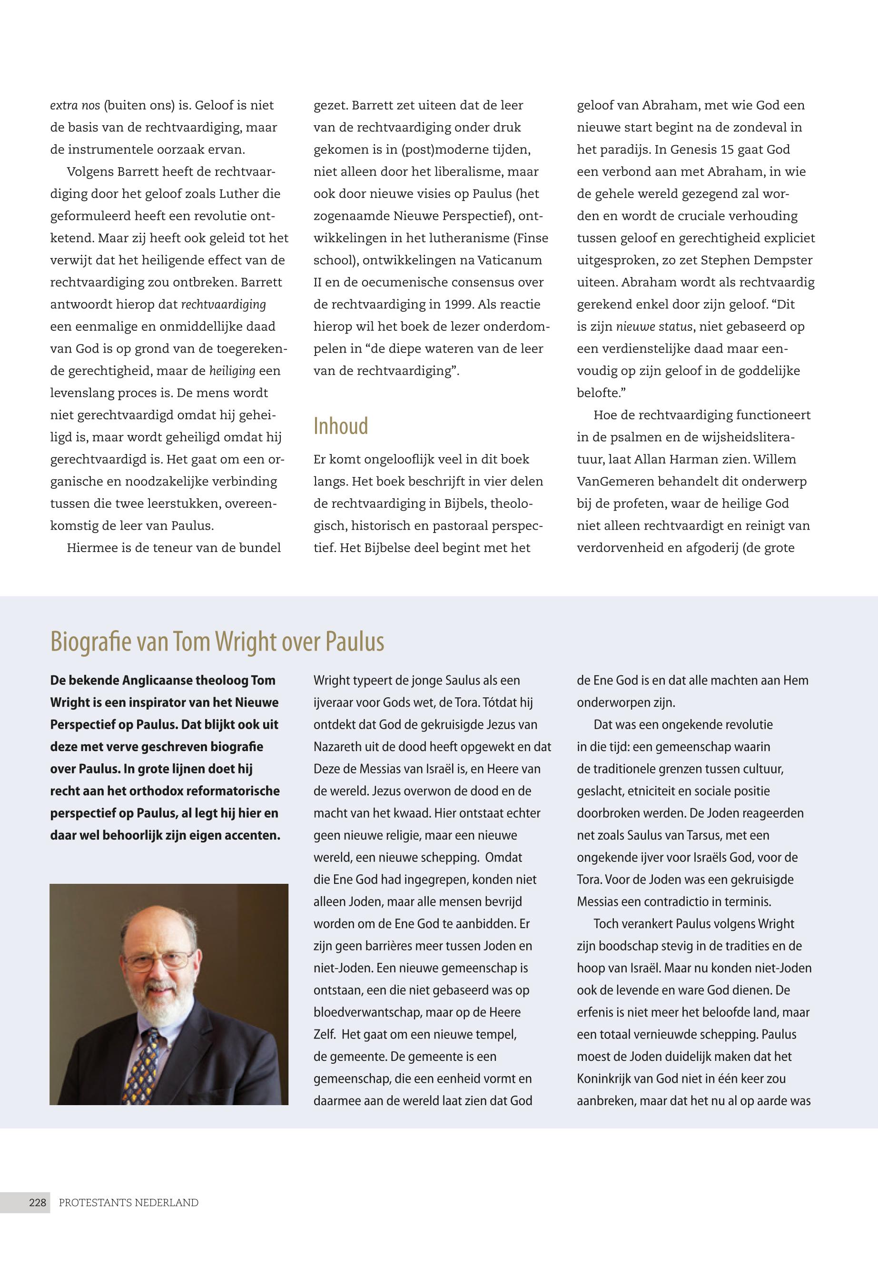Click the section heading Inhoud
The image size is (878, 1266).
tap(341, 426)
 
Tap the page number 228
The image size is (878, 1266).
tap(38, 1202)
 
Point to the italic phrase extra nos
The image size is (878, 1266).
tap(75, 105)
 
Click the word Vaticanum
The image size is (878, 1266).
tap(509, 260)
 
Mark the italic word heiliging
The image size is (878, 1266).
tap(232, 371)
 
